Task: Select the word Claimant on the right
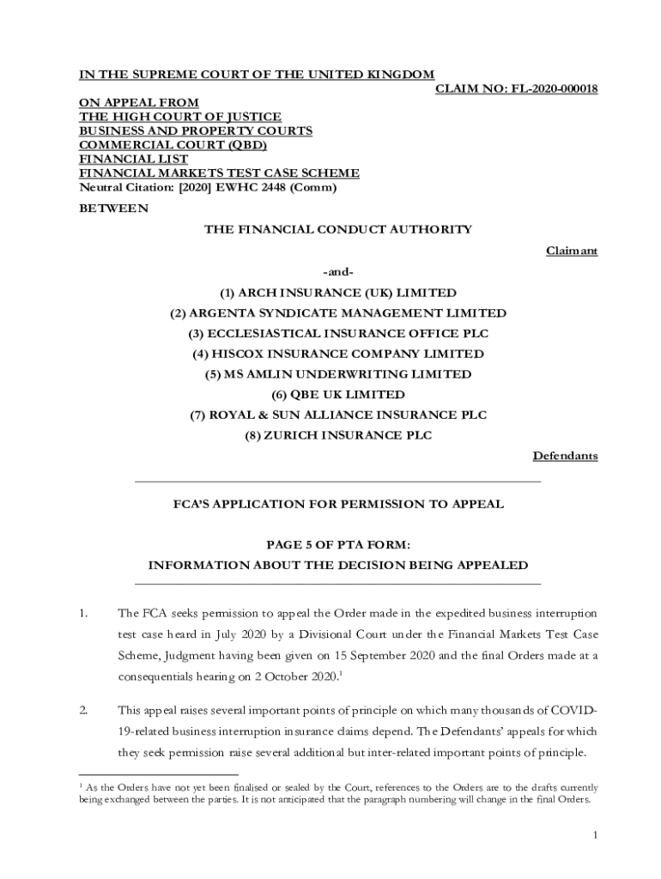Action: tap(572, 251)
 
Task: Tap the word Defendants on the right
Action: tap(565, 456)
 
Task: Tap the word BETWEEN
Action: tap(113, 209)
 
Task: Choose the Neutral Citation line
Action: tap(208, 187)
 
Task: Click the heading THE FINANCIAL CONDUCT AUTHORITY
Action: tap(338, 229)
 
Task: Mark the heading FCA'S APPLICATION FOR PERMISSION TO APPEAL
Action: tap(338, 505)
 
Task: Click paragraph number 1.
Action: tap(84, 614)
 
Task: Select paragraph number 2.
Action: tap(84, 711)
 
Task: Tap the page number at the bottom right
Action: tap(594, 834)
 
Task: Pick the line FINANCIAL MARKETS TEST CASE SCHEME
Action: tap(219, 173)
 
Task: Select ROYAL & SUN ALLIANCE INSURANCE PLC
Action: tap(338, 415)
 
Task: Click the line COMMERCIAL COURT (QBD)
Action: tap(173, 145)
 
